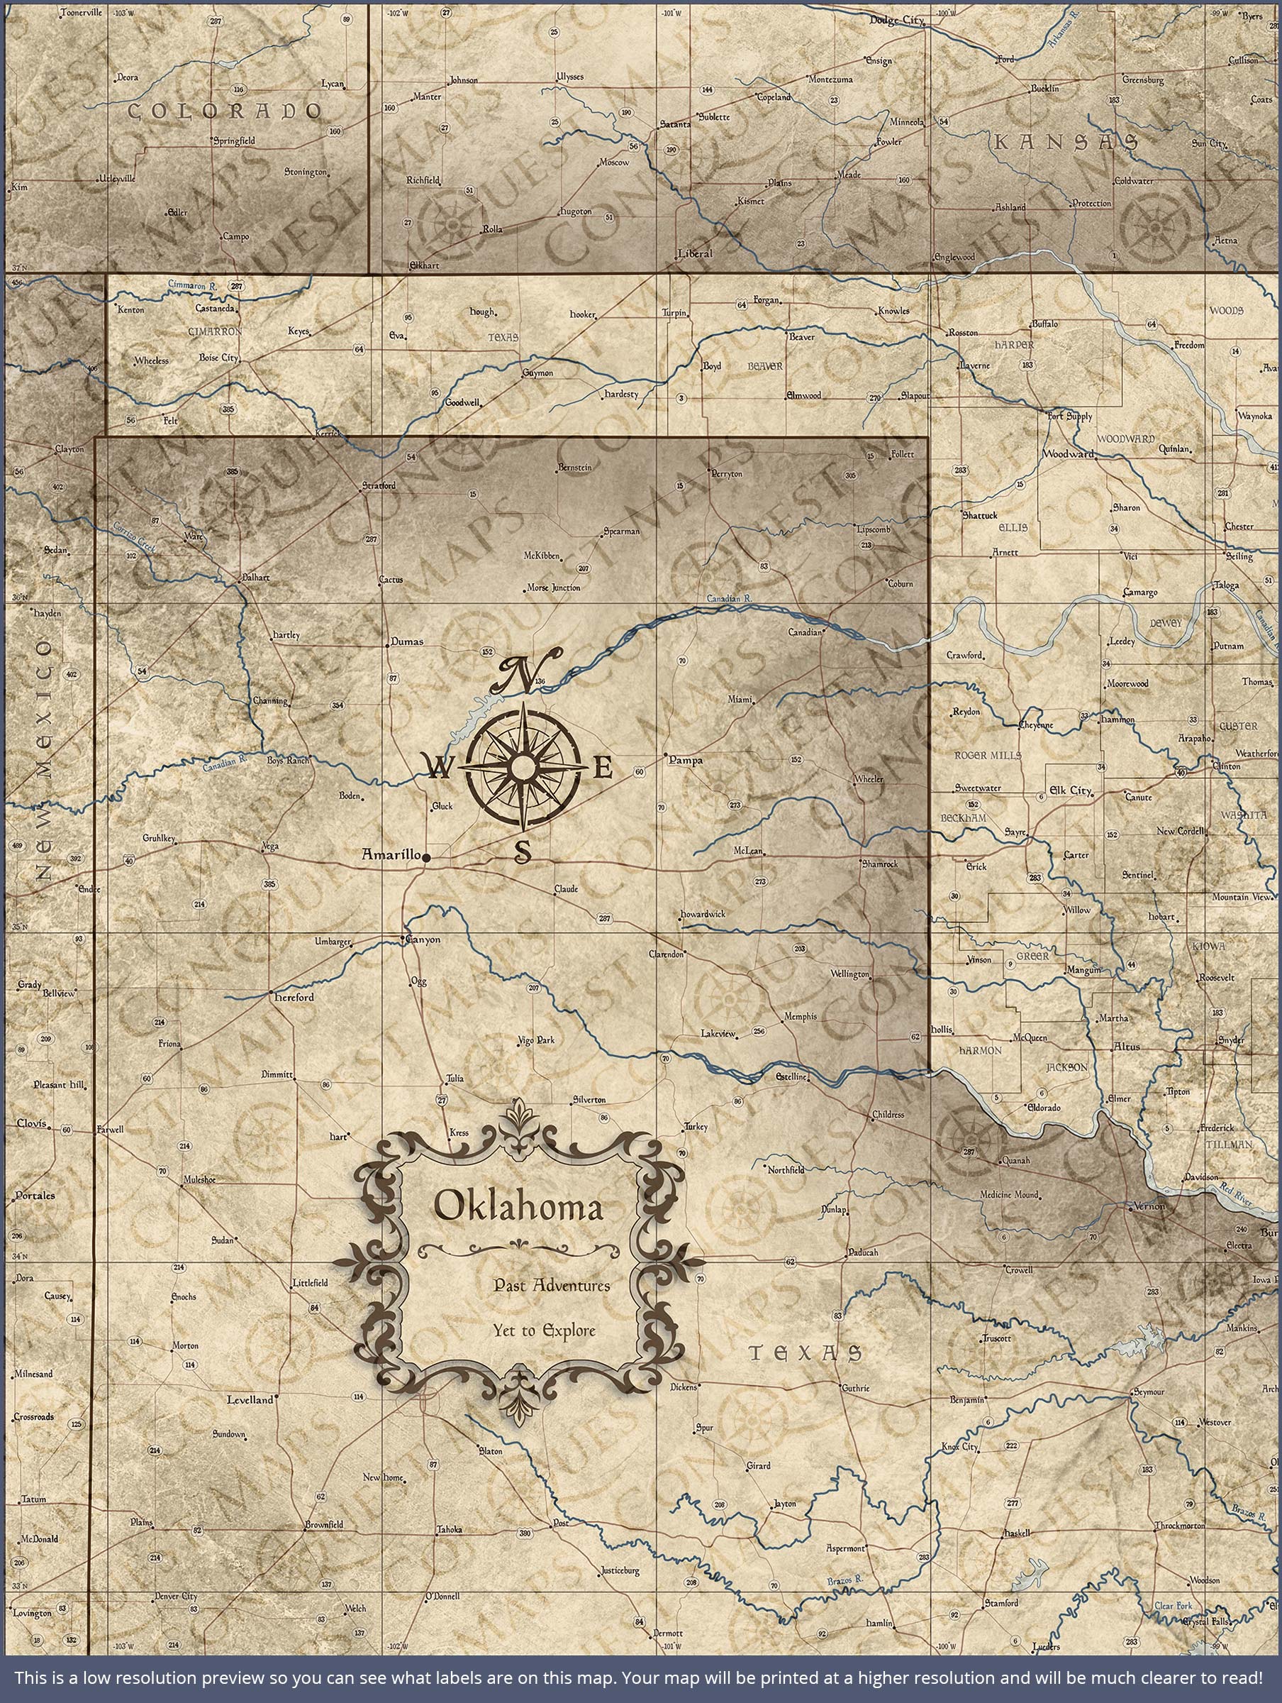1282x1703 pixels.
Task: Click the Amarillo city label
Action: point(391,855)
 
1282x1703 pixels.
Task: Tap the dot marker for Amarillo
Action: point(426,856)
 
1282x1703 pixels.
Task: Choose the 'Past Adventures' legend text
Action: point(552,1285)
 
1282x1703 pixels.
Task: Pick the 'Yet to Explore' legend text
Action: point(545,1330)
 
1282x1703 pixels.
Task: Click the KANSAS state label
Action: point(1065,142)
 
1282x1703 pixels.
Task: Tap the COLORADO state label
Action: point(224,111)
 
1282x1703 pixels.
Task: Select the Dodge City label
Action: point(896,20)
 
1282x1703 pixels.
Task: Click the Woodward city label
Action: point(1067,454)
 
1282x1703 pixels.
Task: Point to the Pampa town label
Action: point(686,760)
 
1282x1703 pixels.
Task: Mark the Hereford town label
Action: point(295,997)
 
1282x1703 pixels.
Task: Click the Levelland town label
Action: point(250,1400)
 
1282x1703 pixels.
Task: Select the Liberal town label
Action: point(696,253)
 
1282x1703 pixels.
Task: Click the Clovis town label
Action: point(31,1123)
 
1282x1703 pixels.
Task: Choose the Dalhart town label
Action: point(255,576)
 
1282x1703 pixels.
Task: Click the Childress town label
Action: point(888,1114)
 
